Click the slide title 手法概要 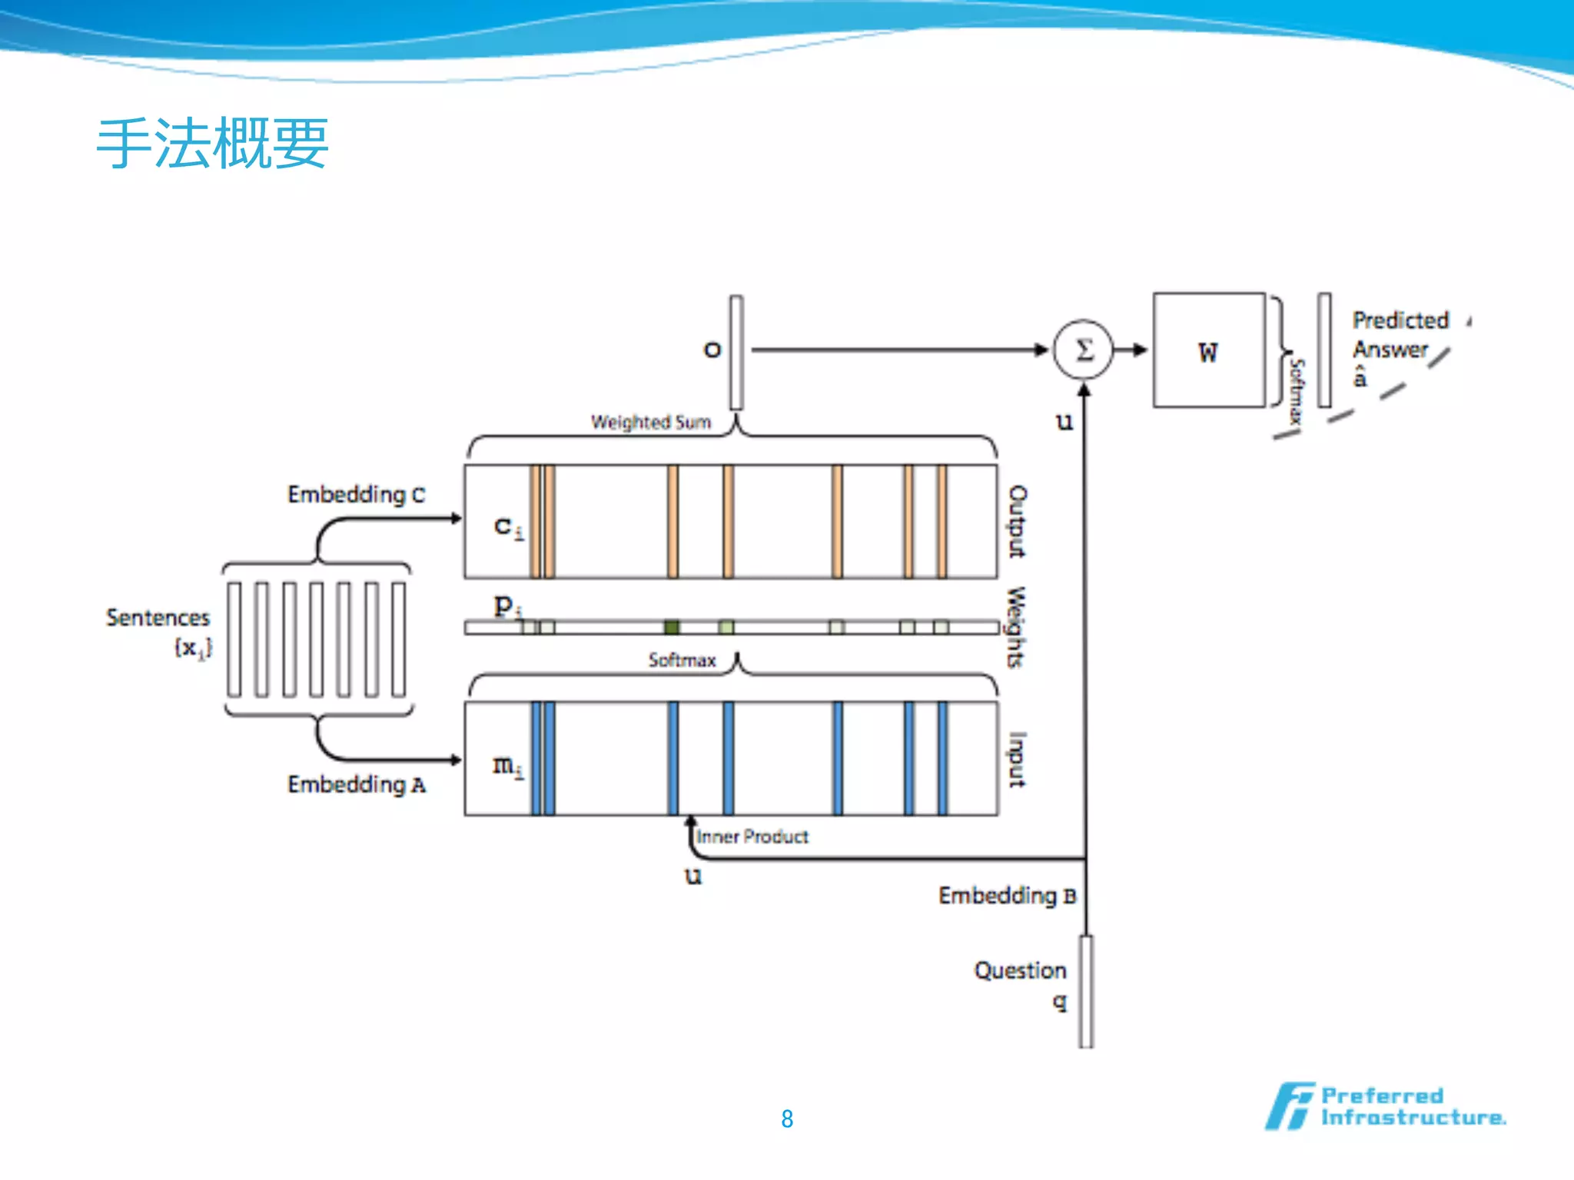pos(212,144)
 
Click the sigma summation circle pos(1083,350)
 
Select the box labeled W pos(1208,350)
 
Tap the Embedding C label pos(356,494)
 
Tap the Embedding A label pos(356,784)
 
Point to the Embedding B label pos(1007,896)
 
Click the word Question pos(1020,971)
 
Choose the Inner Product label pos(752,837)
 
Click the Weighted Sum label pos(650,422)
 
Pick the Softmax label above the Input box pos(682,660)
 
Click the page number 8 pos(787,1119)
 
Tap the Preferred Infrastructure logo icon pos(1289,1106)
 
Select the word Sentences pos(158,618)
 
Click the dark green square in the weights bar pos(672,628)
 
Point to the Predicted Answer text pos(1400,335)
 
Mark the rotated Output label pos(1017,521)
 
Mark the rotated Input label pos(1017,759)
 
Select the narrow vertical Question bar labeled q pos(1086,991)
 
